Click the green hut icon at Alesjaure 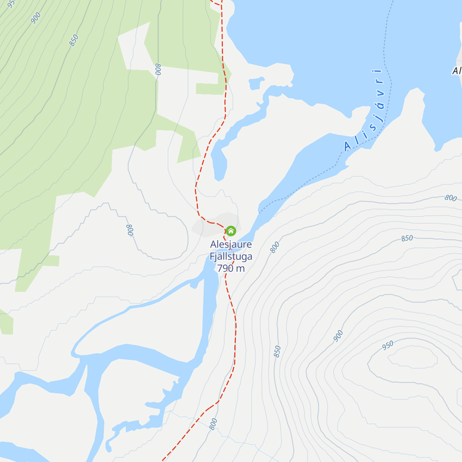pos(231,231)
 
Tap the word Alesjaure pos(231,244)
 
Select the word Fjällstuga pos(231,256)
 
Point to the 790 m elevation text pos(231,268)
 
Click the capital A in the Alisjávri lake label pos(348,146)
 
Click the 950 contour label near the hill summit pos(388,345)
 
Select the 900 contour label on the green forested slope pos(36,18)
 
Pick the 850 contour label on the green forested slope pos(74,40)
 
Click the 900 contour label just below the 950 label pos(338,336)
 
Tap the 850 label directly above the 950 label pos(407,238)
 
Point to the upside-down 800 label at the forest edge pos(158,69)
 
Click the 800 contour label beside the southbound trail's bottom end pos(214,424)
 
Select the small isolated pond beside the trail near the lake pos(256,83)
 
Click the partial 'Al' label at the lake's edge pos(457,71)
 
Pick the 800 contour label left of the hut pos(130,230)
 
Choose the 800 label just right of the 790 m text pos(275,247)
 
